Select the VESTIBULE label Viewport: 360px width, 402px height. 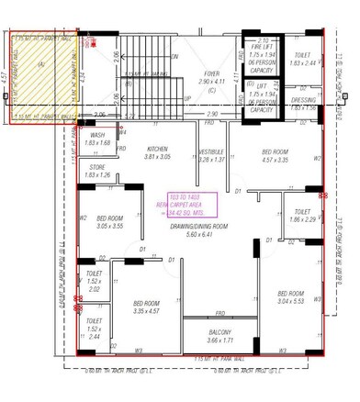pos(211,151)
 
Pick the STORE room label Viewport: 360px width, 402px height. pos(97,167)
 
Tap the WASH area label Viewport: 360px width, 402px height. pos(96,135)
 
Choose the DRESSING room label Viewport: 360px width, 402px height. pos(302,99)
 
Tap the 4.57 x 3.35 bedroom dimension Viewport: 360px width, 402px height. pos(276,160)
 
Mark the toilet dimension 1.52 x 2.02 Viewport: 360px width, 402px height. pos(94,289)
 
